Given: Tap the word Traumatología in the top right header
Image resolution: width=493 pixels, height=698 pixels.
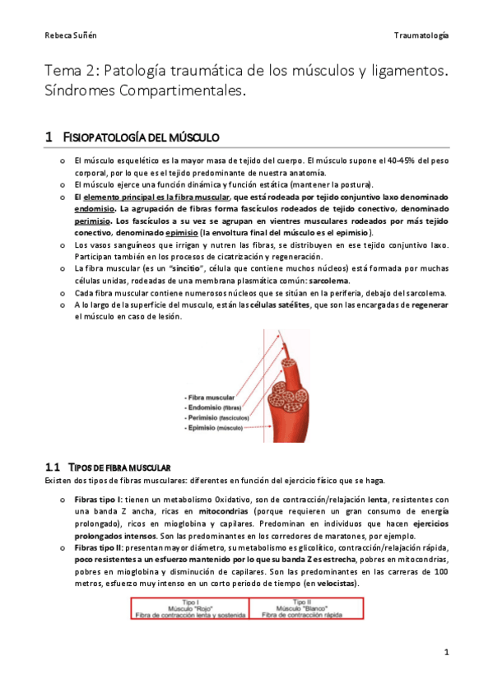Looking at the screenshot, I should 421,36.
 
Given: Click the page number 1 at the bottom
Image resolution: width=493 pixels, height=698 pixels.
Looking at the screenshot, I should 445,653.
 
